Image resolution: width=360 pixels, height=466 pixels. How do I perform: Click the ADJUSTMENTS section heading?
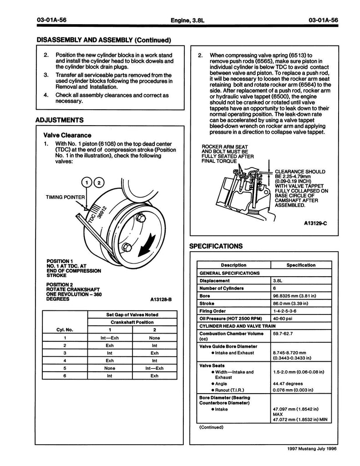(59, 121)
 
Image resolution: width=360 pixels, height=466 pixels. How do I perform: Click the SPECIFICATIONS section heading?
(216, 246)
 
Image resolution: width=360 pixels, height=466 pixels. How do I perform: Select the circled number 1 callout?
(86, 183)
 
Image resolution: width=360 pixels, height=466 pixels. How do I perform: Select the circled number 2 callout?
(98, 183)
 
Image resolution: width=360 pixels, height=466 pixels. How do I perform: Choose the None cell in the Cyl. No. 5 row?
(109, 368)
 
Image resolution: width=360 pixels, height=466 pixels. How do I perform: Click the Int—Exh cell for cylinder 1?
(109, 338)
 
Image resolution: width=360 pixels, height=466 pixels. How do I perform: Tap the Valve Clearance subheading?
(67, 135)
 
